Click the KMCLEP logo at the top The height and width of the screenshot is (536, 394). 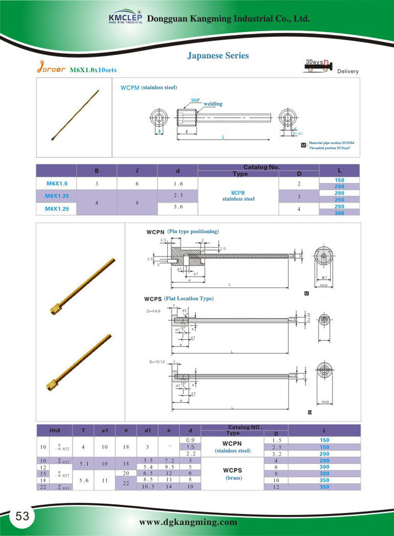pyautogui.click(x=125, y=17)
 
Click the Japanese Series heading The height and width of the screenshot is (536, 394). pyautogui.click(x=218, y=55)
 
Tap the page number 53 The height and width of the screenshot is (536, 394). pyautogui.click(x=22, y=516)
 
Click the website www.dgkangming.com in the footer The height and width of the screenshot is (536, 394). pyautogui.click(x=188, y=522)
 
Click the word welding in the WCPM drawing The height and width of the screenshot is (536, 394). pyautogui.click(x=213, y=104)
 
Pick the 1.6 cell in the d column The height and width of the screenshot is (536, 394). pyautogui.click(x=178, y=183)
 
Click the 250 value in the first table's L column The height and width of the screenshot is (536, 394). pyautogui.click(x=340, y=199)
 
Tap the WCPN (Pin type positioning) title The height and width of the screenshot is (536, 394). pyautogui.click(x=182, y=232)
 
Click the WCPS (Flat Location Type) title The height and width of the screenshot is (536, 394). pyautogui.click(x=179, y=298)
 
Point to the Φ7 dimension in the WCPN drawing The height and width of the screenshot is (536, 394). pyautogui.click(x=324, y=277)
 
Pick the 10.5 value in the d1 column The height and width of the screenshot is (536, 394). pyautogui.click(x=147, y=486)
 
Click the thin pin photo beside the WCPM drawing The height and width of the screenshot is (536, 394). pyautogui.click(x=75, y=115)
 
